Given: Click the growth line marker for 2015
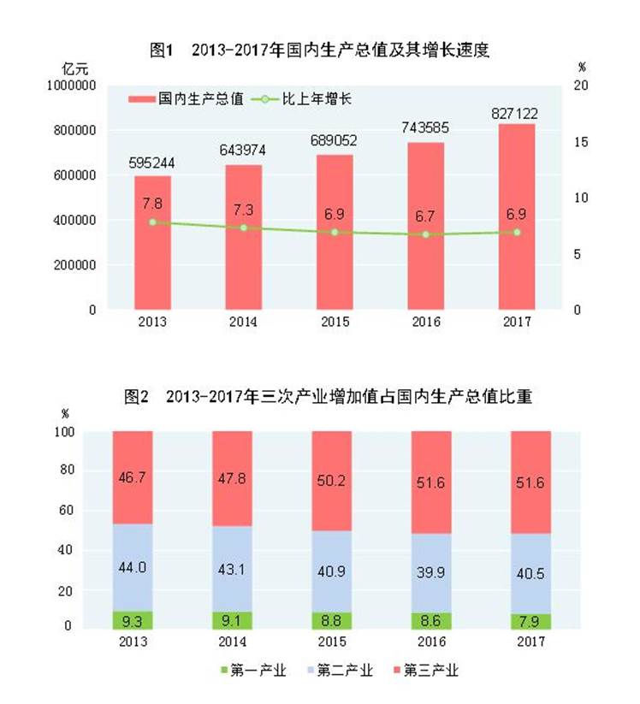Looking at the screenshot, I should click(x=335, y=232).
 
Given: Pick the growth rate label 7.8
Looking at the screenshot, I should click(x=152, y=203).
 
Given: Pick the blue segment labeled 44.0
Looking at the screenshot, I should click(x=132, y=567).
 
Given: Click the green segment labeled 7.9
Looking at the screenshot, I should click(x=530, y=621).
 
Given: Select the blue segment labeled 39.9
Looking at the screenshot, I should click(x=431, y=571).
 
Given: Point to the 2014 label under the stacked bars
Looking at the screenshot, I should click(x=232, y=642).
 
